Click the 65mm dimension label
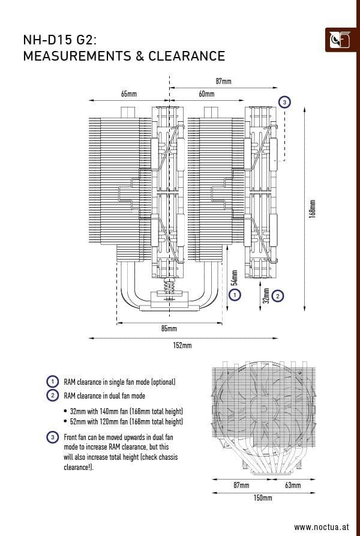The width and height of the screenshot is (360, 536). click(x=128, y=94)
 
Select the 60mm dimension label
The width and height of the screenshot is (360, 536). click(x=206, y=94)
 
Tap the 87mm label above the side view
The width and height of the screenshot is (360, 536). click(x=223, y=80)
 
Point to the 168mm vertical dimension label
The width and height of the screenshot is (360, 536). click(x=312, y=208)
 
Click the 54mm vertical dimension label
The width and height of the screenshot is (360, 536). click(x=235, y=277)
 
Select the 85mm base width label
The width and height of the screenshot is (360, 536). click(x=169, y=329)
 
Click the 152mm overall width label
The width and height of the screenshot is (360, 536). click(x=182, y=345)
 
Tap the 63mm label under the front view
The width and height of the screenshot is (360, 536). click(x=292, y=484)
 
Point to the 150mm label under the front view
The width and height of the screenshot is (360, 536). click(x=263, y=498)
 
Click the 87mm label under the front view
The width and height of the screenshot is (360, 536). click(x=241, y=484)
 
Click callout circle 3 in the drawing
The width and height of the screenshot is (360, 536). click(x=285, y=102)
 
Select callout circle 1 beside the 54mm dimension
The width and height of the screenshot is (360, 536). click(x=235, y=295)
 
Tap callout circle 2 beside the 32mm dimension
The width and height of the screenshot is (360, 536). click(x=277, y=295)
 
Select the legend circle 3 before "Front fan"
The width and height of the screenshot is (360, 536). click(x=52, y=437)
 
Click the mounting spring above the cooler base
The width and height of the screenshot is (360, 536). click(x=169, y=287)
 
